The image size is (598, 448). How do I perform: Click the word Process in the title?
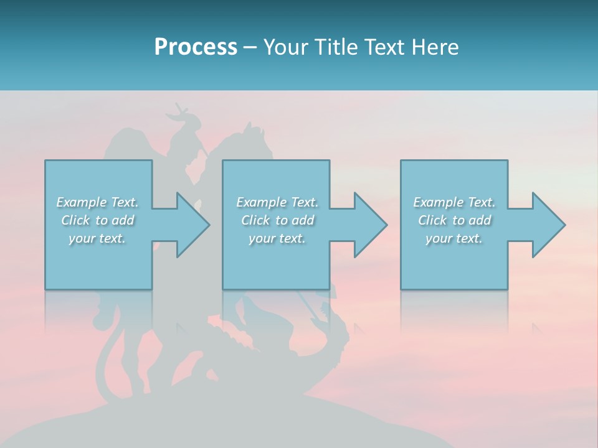(x=196, y=47)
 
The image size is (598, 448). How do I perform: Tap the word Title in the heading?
(x=336, y=47)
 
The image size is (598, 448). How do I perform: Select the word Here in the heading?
(x=434, y=47)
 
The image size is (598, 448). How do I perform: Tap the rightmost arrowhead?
(x=548, y=225)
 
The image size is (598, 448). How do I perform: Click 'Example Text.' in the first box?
(x=97, y=202)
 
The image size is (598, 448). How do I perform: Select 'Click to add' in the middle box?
(x=277, y=220)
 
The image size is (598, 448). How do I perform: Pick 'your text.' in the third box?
(x=453, y=238)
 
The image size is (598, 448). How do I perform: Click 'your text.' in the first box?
(x=97, y=238)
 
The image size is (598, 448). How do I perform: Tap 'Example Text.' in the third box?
(x=453, y=202)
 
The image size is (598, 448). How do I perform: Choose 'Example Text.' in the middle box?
(x=277, y=202)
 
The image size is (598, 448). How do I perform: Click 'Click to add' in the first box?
(x=97, y=220)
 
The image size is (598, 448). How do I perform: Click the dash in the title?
(x=250, y=48)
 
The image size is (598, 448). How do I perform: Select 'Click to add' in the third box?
(x=453, y=220)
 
